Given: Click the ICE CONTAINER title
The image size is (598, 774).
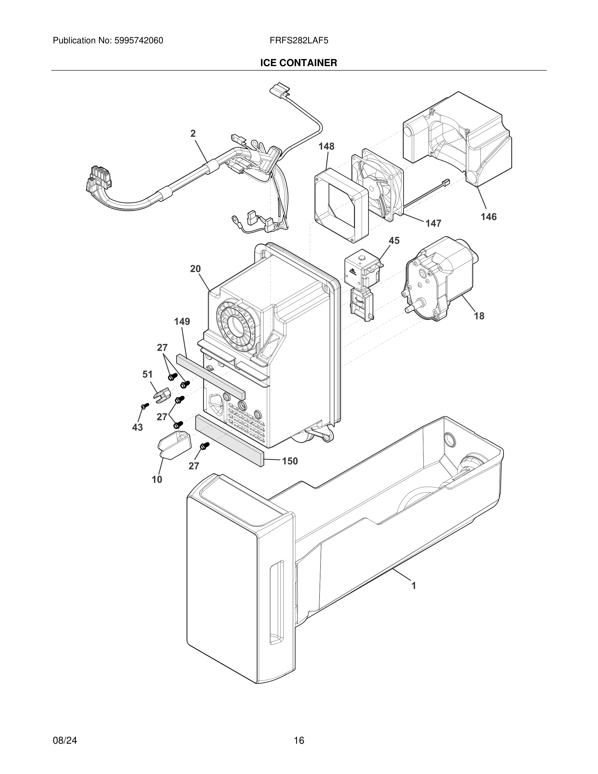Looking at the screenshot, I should click(298, 63).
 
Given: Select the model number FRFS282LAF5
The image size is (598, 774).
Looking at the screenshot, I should click(299, 40).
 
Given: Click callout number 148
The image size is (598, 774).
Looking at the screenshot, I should click(326, 146).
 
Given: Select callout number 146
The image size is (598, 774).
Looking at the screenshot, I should click(488, 217).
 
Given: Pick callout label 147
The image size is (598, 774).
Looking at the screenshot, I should click(433, 223).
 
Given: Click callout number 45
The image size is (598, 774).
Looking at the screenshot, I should click(393, 241).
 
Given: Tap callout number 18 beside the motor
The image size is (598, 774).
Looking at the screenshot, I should click(479, 315).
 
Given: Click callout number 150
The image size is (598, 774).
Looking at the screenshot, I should click(290, 461).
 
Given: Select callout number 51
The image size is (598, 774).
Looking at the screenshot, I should click(147, 374).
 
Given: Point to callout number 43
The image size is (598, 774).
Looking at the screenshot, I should click(137, 427).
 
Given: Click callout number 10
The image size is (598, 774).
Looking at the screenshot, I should click(157, 479).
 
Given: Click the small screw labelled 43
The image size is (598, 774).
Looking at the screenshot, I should click(144, 406).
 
